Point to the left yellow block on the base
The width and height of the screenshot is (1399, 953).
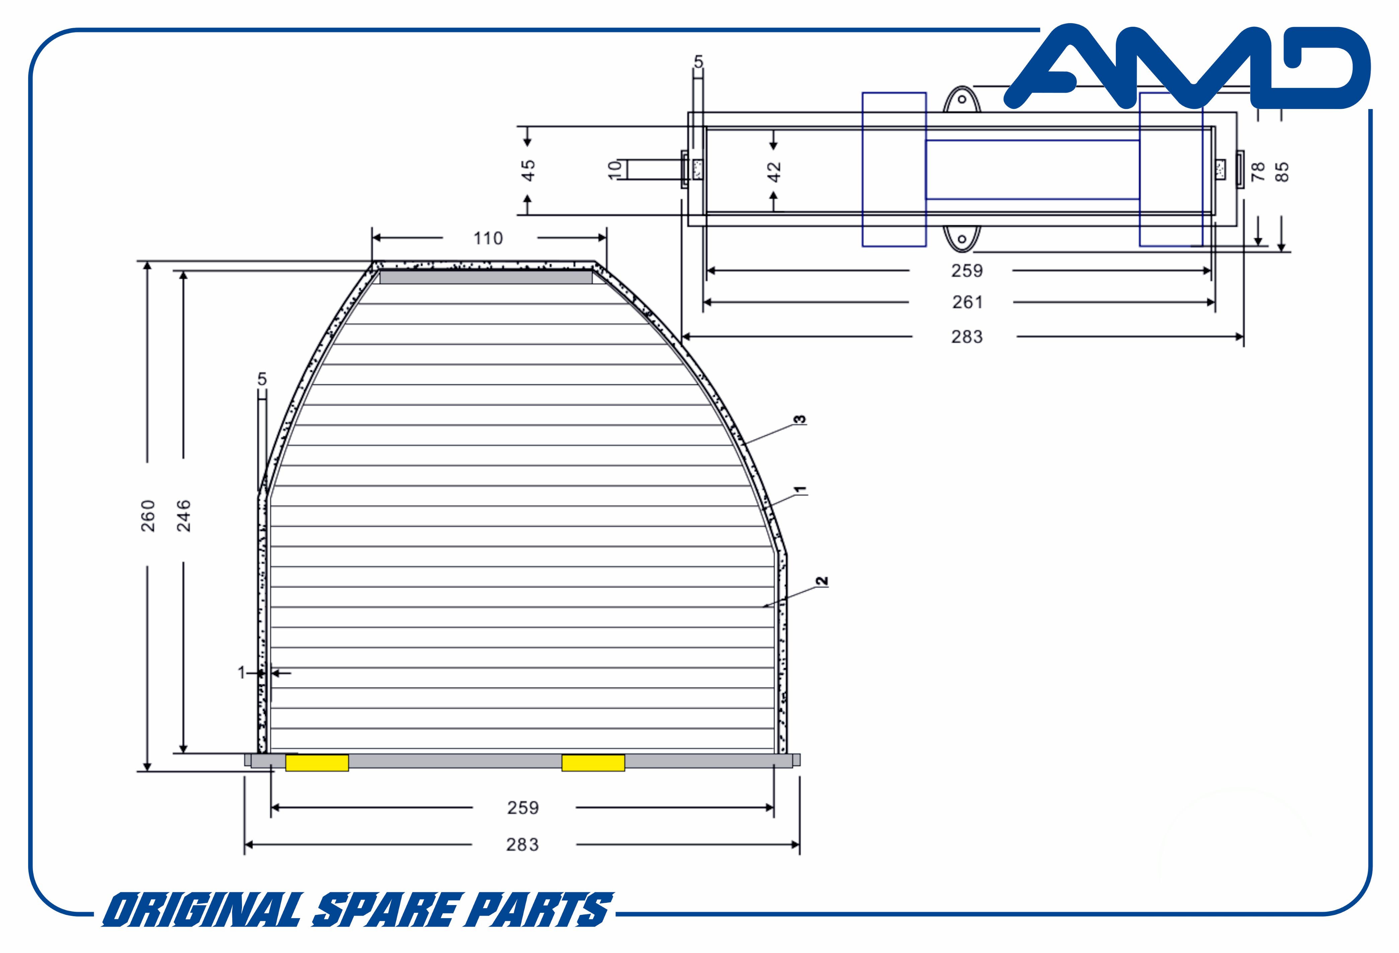pyautogui.click(x=317, y=763)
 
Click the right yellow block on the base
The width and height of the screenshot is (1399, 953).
pyautogui.click(x=593, y=763)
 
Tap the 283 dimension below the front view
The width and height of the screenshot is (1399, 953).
pyautogui.click(x=522, y=845)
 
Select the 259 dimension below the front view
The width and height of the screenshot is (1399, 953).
pyautogui.click(x=522, y=807)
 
